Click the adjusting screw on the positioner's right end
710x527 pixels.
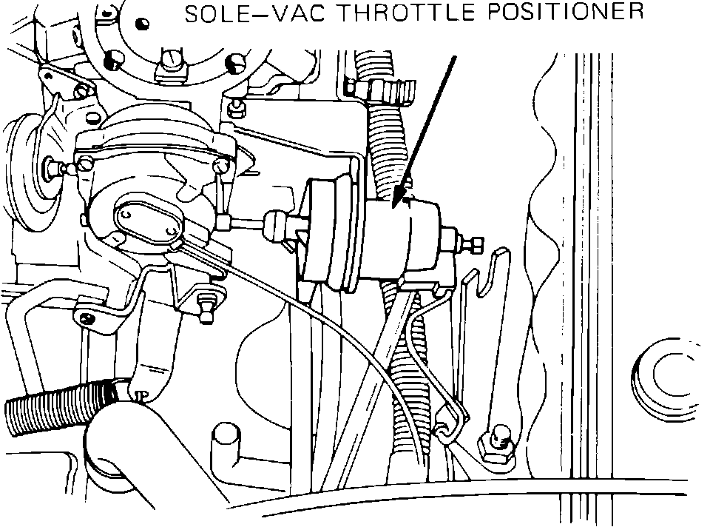click(x=471, y=243)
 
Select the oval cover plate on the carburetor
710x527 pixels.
click(x=148, y=220)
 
